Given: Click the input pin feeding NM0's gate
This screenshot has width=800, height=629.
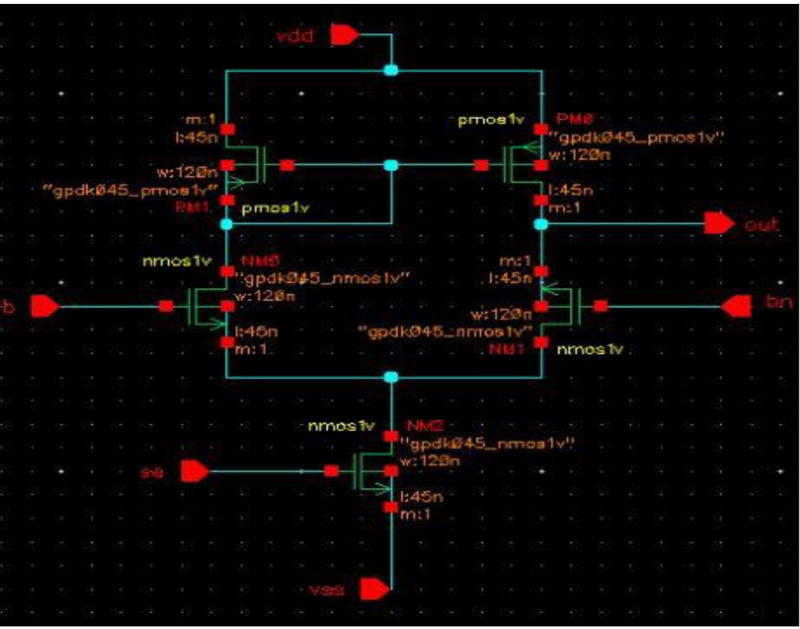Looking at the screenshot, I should pyautogui.click(x=45, y=306).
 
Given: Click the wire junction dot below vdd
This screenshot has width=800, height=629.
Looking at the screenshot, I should pyautogui.click(x=391, y=70).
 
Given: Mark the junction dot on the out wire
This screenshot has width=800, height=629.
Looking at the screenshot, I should pyautogui.click(x=541, y=224).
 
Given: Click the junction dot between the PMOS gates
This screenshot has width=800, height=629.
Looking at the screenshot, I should pyautogui.click(x=391, y=166).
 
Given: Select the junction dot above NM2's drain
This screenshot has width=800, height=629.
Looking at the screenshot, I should pyautogui.click(x=391, y=377).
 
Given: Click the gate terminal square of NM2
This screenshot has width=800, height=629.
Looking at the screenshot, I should pyautogui.click(x=331, y=471).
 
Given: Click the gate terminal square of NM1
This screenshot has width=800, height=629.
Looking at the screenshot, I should pyautogui.click(x=601, y=306).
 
